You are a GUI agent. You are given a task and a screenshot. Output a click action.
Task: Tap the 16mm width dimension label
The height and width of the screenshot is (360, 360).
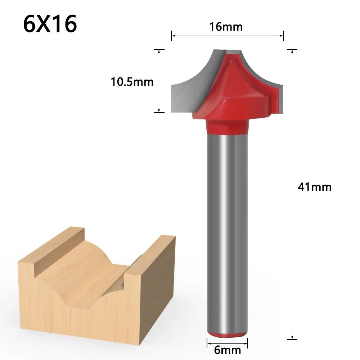point(226,27)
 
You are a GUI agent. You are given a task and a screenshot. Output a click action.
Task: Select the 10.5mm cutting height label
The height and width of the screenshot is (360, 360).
point(132,82)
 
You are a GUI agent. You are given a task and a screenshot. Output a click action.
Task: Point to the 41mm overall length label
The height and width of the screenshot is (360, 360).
point(314,187)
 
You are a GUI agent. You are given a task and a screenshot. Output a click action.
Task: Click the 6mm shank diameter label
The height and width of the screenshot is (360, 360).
point(227,349)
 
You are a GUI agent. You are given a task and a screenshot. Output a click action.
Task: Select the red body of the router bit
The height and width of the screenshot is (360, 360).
point(234,94)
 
